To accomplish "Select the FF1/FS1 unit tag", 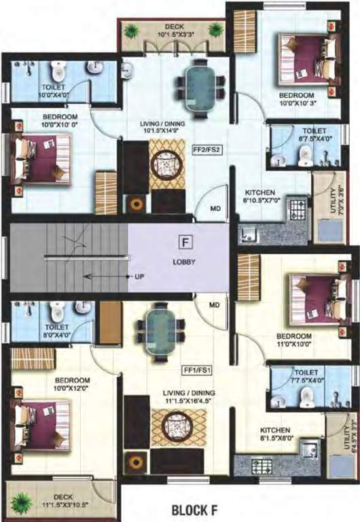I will tap(198, 370).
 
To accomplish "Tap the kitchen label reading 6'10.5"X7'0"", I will tap(260, 196).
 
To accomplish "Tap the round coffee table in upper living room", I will tap(166, 164).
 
